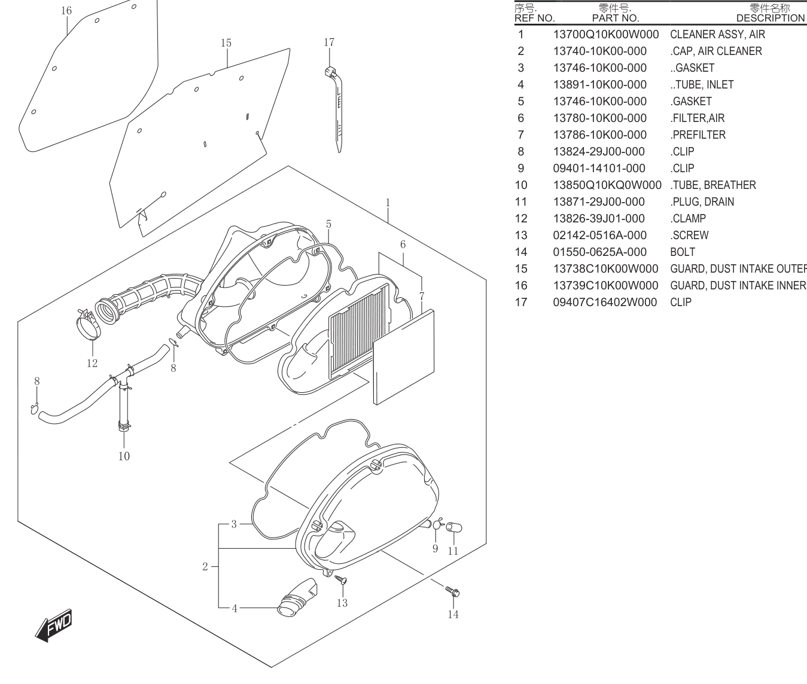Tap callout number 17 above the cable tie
point(329,42)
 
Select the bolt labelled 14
point(453,591)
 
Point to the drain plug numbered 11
point(454,527)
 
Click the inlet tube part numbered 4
point(297,597)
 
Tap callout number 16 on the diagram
point(66,11)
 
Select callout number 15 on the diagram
point(226,43)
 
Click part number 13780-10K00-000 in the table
point(599,118)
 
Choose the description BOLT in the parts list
point(683,252)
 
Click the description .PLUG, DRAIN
point(702,201)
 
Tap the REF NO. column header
point(534,19)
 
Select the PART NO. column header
point(616,19)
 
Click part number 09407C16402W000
point(605,303)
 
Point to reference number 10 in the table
point(521,185)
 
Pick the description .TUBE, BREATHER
point(713,185)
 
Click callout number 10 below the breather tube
point(124,456)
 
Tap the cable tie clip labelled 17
point(336,109)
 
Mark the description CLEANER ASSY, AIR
point(718,35)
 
